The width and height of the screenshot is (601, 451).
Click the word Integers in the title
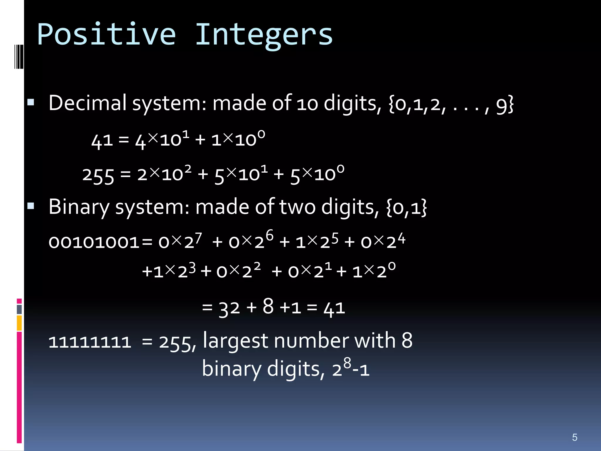click(264, 36)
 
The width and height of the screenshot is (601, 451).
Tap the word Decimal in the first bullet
click(87, 103)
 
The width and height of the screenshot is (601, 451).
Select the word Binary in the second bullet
click(79, 207)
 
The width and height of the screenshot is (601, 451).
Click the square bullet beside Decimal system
click(31, 102)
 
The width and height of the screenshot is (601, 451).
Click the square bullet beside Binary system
click(31, 206)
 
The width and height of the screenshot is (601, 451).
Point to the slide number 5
click(575, 437)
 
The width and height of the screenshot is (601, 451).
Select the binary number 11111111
click(90, 342)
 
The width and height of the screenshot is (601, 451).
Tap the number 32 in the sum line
click(229, 308)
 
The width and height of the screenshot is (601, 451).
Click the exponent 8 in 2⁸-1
click(347, 363)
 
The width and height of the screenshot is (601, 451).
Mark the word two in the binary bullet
click(297, 207)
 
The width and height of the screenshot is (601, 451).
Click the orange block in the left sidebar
click(19, 323)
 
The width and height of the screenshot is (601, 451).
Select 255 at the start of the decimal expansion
click(98, 175)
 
